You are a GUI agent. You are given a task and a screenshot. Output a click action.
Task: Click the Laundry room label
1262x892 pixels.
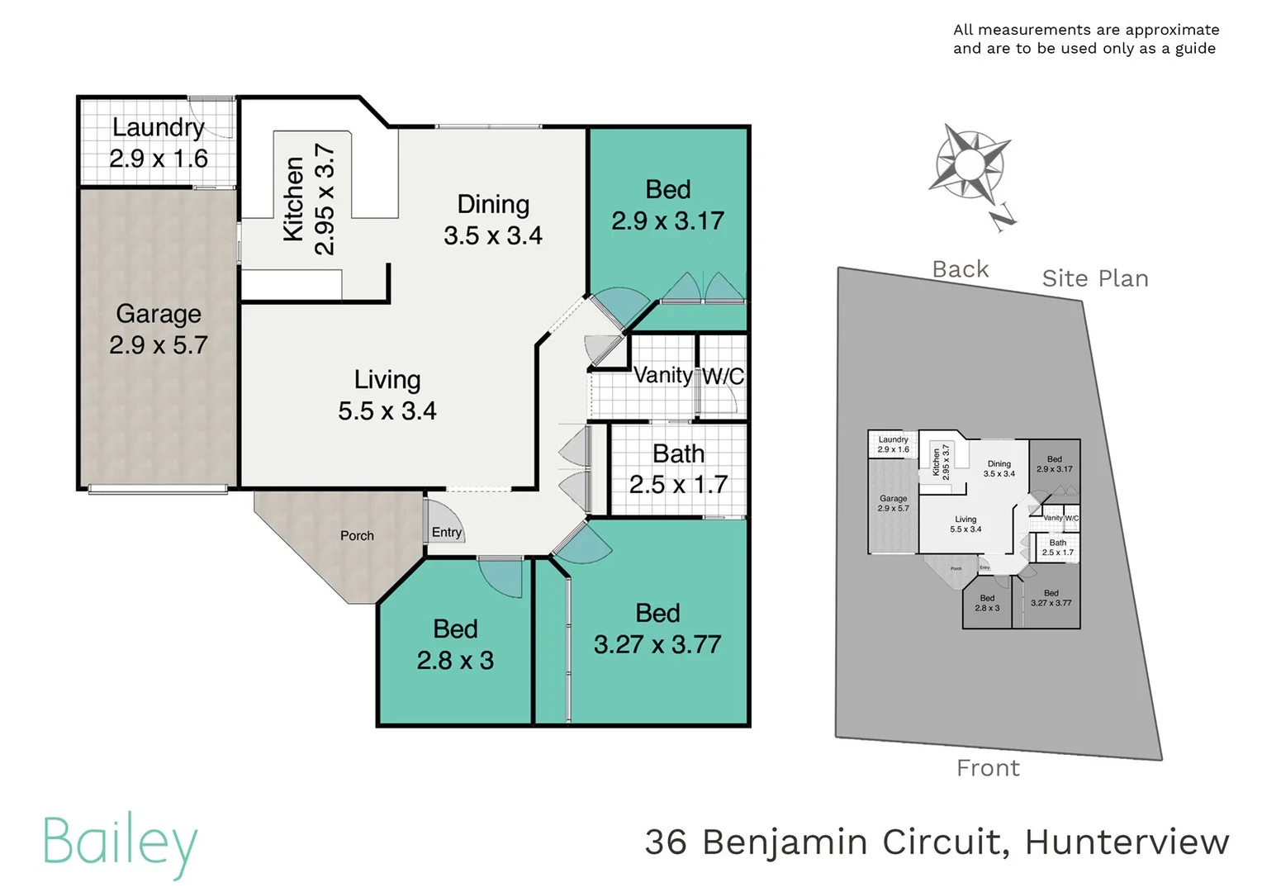coord(159,127)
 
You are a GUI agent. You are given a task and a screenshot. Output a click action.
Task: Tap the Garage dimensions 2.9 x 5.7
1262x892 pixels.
coord(159,345)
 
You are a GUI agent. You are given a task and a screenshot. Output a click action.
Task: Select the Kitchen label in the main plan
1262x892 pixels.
coord(293,199)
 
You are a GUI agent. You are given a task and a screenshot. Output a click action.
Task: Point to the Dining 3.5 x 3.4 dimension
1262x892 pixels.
coord(493,236)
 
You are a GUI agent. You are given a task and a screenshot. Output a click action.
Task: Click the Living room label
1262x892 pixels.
coord(387,380)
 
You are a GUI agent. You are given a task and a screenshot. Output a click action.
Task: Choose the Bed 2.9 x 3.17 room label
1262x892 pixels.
coord(667,190)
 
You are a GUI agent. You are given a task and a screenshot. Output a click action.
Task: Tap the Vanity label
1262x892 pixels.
coord(663,375)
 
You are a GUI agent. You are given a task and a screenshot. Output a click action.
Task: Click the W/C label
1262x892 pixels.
coord(723,377)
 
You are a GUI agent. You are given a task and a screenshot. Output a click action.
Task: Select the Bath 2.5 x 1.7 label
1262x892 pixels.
coord(678,454)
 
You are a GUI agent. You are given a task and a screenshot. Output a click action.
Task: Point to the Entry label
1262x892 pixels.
coord(447,533)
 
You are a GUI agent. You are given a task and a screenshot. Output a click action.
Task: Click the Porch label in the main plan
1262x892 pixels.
coord(357,536)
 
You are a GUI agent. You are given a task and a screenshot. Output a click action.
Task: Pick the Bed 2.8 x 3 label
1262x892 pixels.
coord(455,629)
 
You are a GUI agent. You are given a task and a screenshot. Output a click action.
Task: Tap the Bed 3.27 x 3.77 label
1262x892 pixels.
coord(657,614)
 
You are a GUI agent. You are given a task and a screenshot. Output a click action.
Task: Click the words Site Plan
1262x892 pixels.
coord(1094,279)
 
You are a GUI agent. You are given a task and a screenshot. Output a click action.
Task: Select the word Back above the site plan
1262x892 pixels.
coord(960,269)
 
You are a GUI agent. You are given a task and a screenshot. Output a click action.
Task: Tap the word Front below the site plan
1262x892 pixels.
coord(988,768)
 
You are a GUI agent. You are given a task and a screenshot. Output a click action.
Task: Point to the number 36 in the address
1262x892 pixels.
coord(665,842)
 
